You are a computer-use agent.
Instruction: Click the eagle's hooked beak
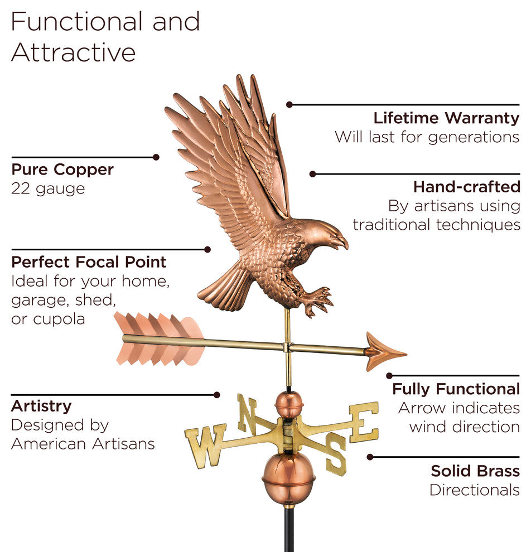341,242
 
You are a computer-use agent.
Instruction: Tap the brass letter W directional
206,444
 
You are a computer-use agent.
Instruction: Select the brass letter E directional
364,422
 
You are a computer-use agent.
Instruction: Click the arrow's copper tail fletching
158,338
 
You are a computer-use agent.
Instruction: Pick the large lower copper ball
288,478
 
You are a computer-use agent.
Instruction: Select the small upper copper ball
289,405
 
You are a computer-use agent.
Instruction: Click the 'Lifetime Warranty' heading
446,118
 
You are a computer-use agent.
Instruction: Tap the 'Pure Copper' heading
62,170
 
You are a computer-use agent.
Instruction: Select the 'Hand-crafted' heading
466,186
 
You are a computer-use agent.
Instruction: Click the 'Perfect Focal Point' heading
89,262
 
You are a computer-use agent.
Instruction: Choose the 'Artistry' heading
41,406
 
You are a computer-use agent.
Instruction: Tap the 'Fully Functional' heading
456,389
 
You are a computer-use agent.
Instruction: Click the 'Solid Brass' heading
475,471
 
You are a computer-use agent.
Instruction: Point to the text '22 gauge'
48,188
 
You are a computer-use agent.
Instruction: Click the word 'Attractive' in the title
73,52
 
